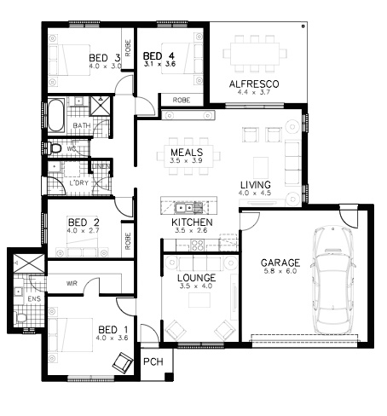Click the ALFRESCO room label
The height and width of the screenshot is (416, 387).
(x=254, y=84)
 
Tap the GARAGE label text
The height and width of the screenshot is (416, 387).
(x=280, y=263)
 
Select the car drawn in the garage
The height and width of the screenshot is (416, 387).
(x=332, y=280)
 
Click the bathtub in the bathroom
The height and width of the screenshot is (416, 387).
(x=55, y=115)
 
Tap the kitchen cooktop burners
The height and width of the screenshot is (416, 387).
(x=197, y=246)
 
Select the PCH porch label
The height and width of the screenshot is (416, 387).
(x=153, y=361)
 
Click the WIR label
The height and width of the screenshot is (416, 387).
(x=72, y=283)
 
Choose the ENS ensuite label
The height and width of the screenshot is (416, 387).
(x=34, y=299)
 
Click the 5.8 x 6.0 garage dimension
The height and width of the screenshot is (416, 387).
(x=280, y=271)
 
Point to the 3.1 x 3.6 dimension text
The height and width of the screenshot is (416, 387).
(x=159, y=64)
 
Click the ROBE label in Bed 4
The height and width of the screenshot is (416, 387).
(x=182, y=101)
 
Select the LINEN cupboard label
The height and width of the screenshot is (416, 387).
(x=101, y=166)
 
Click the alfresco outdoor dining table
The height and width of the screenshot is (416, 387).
(x=255, y=54)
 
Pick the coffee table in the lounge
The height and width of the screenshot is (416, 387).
(x=199, y=300)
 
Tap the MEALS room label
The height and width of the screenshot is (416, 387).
(x=187, y=153)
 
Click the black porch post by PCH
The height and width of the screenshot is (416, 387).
(x=169, y=377)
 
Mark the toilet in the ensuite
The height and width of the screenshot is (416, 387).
(x=21, y=317)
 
